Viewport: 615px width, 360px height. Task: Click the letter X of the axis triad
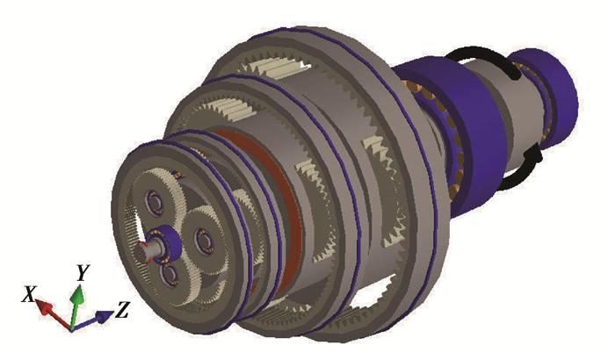click(29, 294)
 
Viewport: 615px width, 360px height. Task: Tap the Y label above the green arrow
click(83, 272)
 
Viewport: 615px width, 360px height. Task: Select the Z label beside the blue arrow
click(122, 310)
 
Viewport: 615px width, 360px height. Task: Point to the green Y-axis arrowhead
click(77, 293)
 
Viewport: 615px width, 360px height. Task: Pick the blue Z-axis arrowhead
click(105, 316)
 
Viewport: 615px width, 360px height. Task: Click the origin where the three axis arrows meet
click(71, 328)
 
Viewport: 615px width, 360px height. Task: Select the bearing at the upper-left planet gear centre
click(155, 202)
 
